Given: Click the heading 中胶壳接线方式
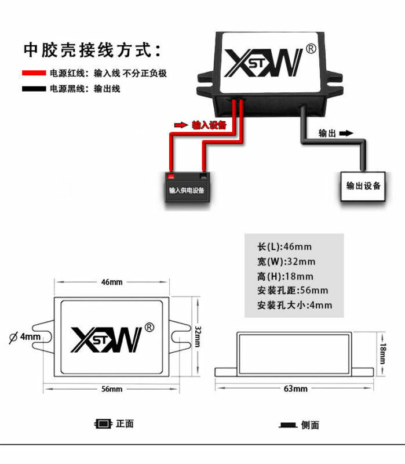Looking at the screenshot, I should tap(92, 50).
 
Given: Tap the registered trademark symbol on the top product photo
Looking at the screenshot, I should tap(310, 49).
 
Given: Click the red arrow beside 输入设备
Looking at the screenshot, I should tap(181, 125).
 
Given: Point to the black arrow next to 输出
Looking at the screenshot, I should tap(345, 133).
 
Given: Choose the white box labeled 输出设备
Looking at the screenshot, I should tap(363, 186).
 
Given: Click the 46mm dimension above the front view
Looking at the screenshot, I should tap(112, 282).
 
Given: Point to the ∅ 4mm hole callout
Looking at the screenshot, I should tap(25, 337).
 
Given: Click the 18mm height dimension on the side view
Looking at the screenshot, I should tap(383, 353).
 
